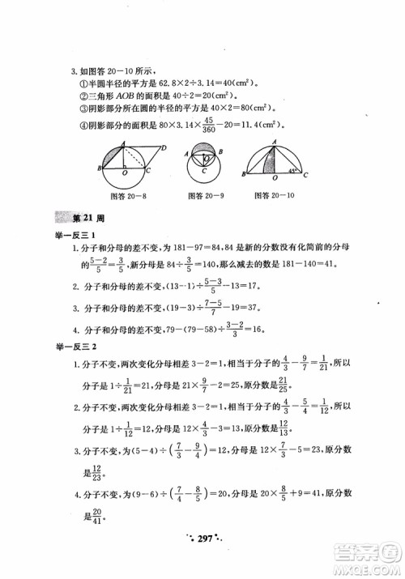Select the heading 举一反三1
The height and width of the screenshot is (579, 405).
pos(75,235)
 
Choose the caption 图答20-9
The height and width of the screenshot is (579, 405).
pos(200,195)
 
